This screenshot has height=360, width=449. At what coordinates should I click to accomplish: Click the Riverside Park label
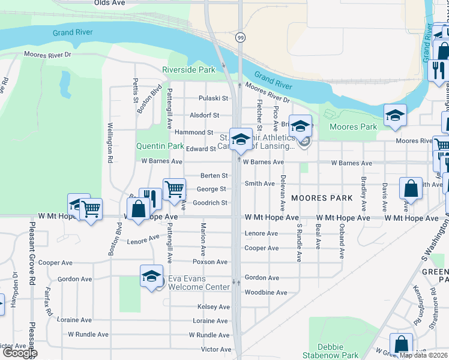coord(188,70)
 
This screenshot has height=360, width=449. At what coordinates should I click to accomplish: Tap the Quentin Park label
coord(160,145)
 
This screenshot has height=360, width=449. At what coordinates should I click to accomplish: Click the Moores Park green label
coord(354,127)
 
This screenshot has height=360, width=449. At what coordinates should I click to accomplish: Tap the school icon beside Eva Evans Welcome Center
coord(151,277)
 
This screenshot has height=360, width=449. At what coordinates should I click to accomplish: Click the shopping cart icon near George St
coord(174,189)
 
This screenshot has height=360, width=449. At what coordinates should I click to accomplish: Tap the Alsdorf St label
coord(205,115)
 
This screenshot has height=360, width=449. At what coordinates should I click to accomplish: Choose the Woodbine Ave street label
coord(266,293)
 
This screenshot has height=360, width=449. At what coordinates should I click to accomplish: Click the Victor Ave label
coord(216,349)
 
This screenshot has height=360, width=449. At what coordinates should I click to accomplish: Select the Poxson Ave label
coord(210,262)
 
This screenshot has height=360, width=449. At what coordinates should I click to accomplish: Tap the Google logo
coord(20,353)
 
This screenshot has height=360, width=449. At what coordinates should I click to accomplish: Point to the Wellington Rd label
coord(110,151)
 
